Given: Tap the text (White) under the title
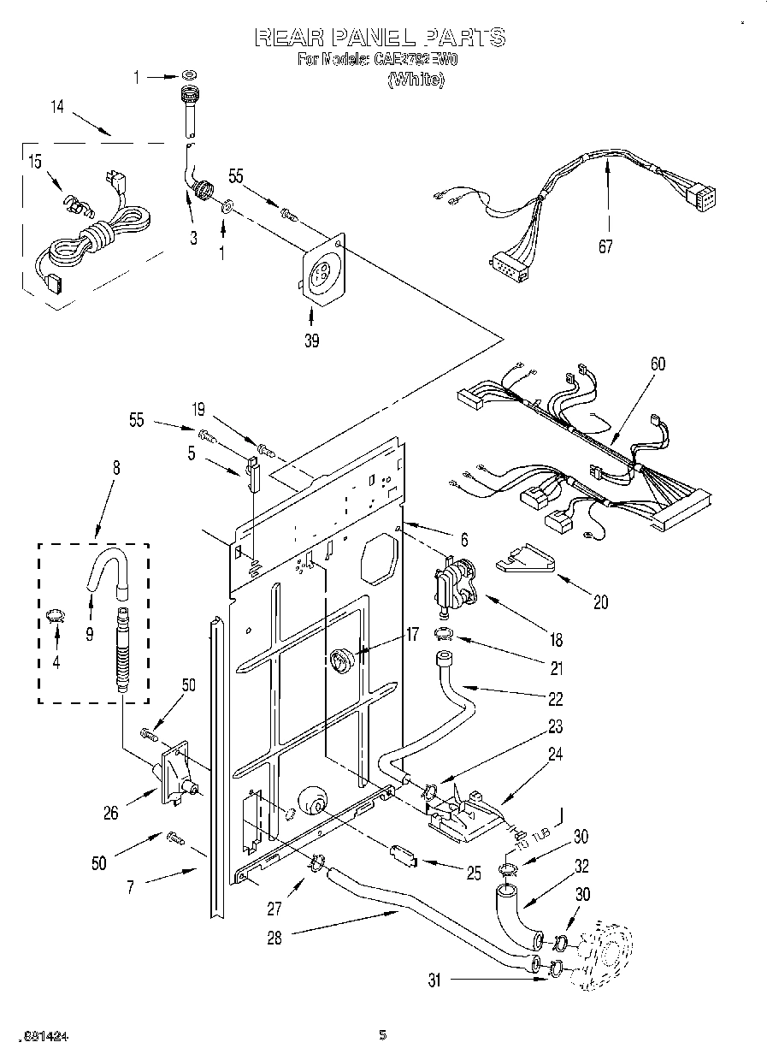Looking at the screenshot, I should (416, 80).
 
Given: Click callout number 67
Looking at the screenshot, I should (606, 247).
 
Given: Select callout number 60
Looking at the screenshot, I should (657, 364).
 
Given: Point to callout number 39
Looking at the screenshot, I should (311, 341).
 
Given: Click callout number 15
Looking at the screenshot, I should (34, 162).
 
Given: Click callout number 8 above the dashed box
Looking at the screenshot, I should (115, 467).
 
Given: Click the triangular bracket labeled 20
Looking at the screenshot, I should (525, 559).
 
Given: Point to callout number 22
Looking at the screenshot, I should (555, 699).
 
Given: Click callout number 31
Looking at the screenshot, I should (434, 981).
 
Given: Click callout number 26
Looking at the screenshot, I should (111, 813).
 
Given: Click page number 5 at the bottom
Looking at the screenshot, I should (383, 1036).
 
